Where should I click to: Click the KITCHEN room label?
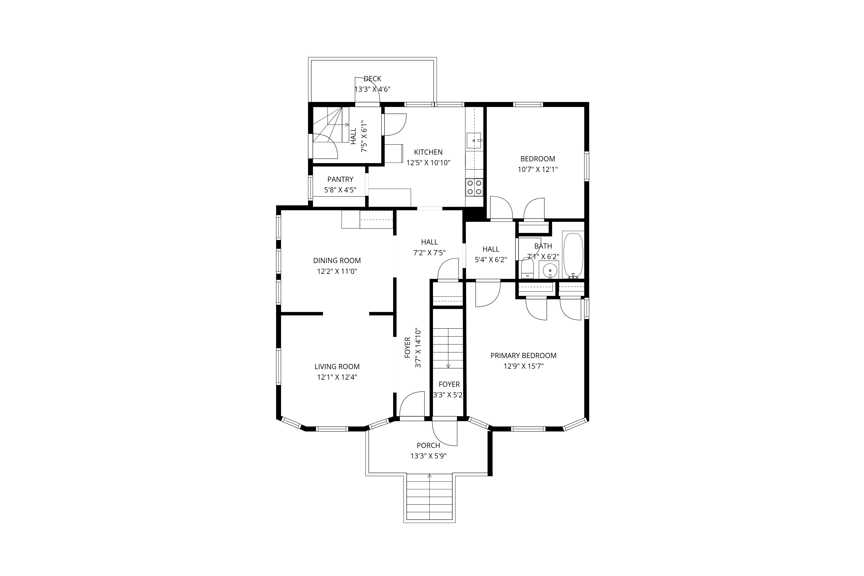pos(428,152)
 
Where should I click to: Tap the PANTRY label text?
pos(340,179)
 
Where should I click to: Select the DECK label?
pos(372,79)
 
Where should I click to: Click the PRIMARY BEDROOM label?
pos(523,355)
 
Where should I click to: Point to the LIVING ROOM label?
pos(337,366)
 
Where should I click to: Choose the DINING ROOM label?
pos(337,260)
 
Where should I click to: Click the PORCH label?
pos(428,445)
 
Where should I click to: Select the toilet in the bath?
pos(527,268)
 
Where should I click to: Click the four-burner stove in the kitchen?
pos(474,187)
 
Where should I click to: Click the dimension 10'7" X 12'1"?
pos(538,169)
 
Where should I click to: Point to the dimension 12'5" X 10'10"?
pos(428,163)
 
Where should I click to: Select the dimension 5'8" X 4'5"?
pos(340,190)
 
